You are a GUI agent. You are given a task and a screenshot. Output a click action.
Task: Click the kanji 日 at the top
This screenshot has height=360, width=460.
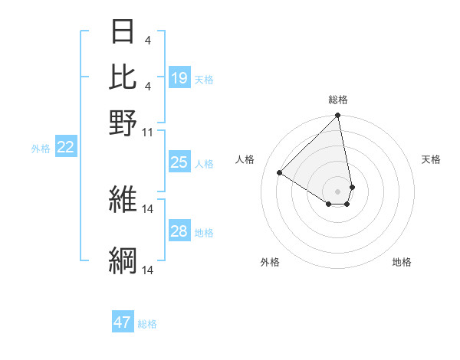123,31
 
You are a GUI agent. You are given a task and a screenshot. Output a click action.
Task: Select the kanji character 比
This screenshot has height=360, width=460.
123,77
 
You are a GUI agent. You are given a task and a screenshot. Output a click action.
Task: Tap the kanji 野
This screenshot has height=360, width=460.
123,123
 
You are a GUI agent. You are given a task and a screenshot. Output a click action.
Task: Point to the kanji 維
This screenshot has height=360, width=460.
123,200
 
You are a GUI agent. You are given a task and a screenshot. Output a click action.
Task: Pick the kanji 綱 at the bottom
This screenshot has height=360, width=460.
123,260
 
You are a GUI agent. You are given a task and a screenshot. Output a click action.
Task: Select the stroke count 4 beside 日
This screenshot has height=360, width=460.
147,39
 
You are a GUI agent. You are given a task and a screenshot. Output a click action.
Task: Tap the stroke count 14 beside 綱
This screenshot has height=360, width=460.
148,270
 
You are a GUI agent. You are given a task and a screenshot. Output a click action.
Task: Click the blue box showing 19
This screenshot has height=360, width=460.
179,78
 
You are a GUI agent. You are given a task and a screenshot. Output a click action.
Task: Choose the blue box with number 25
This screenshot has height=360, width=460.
179,162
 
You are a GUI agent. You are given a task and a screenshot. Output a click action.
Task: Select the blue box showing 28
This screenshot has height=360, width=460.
179,231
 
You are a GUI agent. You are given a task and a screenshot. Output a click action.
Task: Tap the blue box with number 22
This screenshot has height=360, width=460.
65,148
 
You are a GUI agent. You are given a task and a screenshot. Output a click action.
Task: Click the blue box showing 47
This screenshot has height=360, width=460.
123,322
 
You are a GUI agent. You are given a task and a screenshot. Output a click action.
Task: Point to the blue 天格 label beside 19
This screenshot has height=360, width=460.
204,80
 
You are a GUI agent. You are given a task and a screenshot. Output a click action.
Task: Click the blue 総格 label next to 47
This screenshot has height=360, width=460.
147,324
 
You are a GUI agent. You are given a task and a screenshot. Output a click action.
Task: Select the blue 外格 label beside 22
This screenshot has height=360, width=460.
41,149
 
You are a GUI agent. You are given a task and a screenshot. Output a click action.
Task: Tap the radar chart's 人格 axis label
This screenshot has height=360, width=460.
245,159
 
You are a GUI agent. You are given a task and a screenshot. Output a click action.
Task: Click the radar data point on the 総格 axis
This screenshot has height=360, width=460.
337,116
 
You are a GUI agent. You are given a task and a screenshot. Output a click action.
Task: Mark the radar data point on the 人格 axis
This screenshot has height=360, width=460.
280,173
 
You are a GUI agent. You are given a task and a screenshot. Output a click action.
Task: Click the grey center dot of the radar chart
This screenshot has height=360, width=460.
337,191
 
